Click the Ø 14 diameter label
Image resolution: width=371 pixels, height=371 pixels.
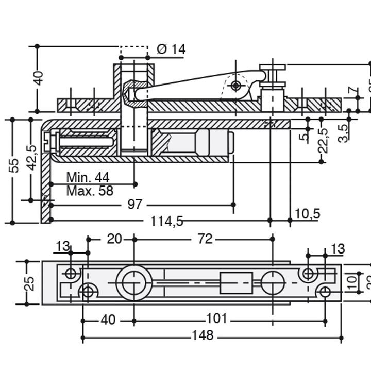pyautogui.click(x=171, y=49)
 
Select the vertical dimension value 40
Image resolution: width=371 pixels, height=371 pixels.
pyautogui.click(x=38, y=78)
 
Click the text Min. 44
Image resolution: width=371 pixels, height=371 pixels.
pyautogui.click(x=88, y=178)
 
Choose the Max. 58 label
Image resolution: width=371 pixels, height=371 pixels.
pyautogui.click(x=89, y=191)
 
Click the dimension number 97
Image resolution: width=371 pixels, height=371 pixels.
pyautogui.click(x=134, y=205)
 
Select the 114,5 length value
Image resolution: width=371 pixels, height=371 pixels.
pyautogui.click(x=167, y=221)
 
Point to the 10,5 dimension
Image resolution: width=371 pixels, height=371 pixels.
pyautogui.click(x=308, y=213)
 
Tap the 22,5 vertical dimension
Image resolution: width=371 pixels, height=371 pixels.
pyautogui.click(x=324, y=141)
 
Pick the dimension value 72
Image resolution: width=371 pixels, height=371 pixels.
pyautogui.click(x=205, y=239)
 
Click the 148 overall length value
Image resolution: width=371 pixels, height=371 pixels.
pyautogui.click(x=202, y=336)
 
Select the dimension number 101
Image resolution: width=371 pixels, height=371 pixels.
pyautogui.click(x=216, y=319)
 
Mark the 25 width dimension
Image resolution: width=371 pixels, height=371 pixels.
pyautogui.click(x=30, y=283)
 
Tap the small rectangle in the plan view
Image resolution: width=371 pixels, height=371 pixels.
pyautogui.click(x=236, y=283)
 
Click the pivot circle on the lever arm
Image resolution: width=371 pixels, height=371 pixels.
pyautogui.click(x=236, y=85)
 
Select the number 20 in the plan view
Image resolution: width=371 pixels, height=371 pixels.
pyautogui.click(x=114, y=239)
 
